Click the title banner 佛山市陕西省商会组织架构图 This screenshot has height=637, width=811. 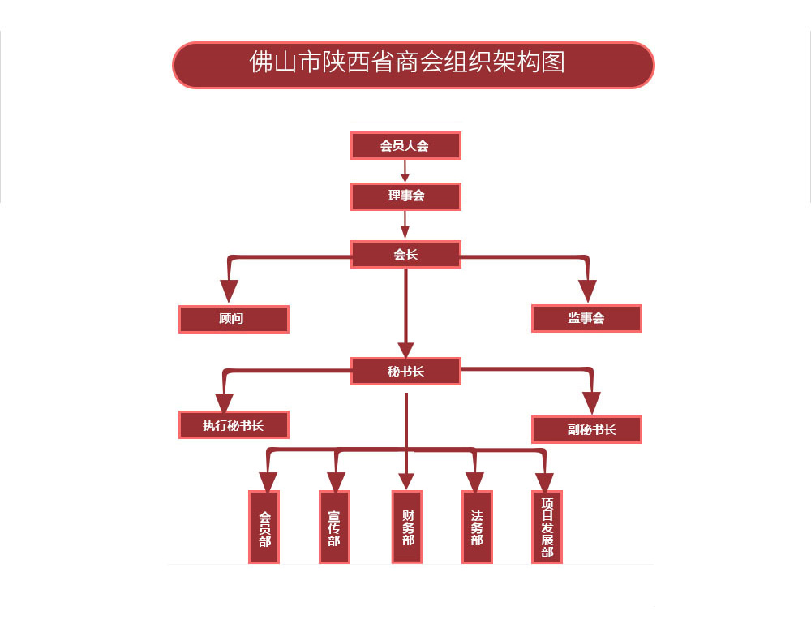click(413, 65)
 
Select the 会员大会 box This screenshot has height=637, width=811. click(405, 146)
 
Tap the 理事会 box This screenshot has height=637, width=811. click(405, 196)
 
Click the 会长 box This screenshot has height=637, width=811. click(405, 254)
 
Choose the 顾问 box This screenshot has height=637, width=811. click(234, 319)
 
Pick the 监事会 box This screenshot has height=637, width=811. click(586, 319)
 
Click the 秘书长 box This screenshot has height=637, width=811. click(405, 372)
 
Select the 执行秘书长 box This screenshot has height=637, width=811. click(234, 425)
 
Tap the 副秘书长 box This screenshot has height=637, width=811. click(586, 429)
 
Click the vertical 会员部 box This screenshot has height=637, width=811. click(264, 527)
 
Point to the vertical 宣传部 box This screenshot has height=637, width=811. click(334, 527)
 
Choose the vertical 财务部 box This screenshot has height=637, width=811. click(407, 527)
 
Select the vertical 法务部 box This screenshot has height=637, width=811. click(477, 527)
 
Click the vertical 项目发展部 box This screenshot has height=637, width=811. click(547, 527)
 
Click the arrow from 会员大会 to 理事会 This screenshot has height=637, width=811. click(405, 171)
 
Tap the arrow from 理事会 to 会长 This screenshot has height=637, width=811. click(405, 225)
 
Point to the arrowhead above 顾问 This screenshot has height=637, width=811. click(230, 290)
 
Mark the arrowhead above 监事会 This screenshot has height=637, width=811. click(587, 290)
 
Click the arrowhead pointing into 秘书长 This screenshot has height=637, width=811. click(405, 348)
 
